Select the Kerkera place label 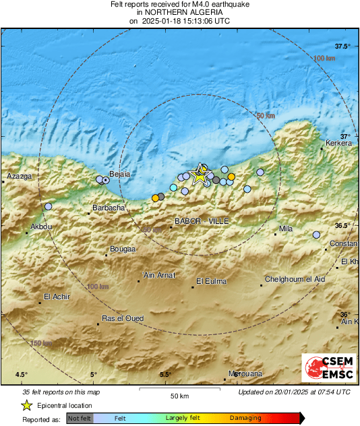tap(339, 143)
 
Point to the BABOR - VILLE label tap(202, 221)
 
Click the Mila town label tap(286, 229)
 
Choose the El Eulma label tap(211, 281)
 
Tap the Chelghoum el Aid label tap(295, 279)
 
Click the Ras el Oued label tap(122, 318)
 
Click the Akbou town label tap(41, 226)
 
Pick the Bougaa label tap(122, 248)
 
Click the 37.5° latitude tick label tap(344, 46)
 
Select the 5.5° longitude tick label tap(165, 375)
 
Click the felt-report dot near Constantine tap(316, 235)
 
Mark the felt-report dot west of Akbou tap(48, 206)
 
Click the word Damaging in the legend tap(245, 418)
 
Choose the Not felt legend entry tap(80, 419)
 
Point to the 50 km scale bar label tap(178, 395)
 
